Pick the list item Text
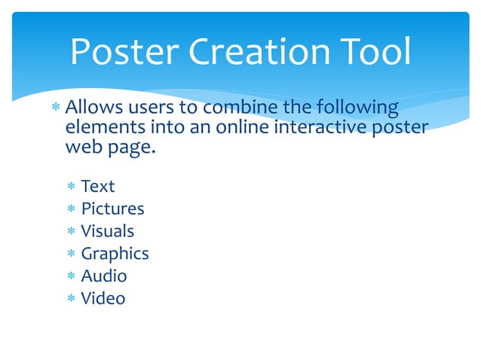tap(98, 186)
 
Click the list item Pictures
tap(112, 209)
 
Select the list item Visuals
tap(108, 231)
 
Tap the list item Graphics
tap(115, 254)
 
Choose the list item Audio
tap(104, 276)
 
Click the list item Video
tap(103, 298)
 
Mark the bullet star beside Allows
tap(56, 108)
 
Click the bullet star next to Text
tap(70, 187)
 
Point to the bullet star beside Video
tap(70, 299)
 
